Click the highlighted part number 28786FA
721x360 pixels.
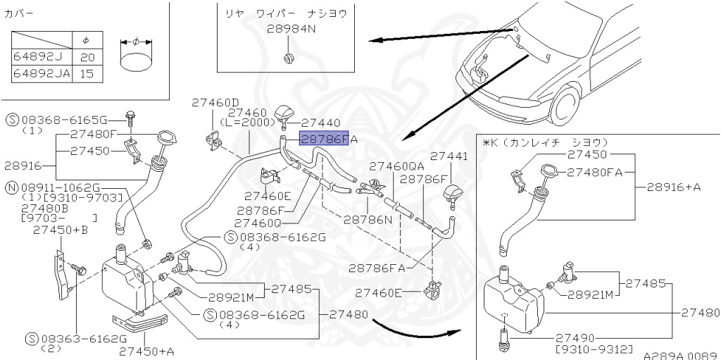[x=325, y=139]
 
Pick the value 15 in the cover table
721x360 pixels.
[x=88, y=73]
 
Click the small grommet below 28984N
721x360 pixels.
[x=289, y=57]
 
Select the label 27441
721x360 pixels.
[x=449, y=156]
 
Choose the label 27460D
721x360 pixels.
[x=215, y=103]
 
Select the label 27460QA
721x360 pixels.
[x=397, y=166]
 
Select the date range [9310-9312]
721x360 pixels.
[x=595, y=349]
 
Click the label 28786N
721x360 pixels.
[x=368, y=219]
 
